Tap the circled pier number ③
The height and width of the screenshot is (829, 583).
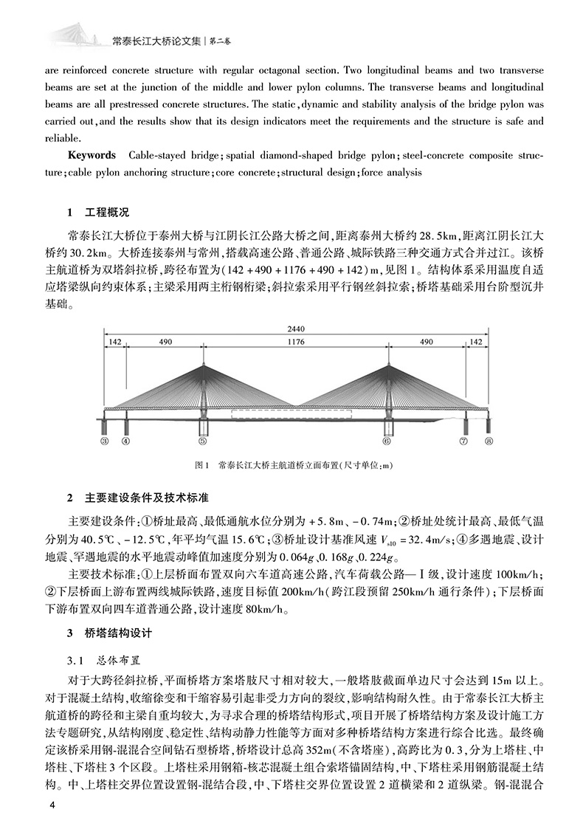pos(105,441)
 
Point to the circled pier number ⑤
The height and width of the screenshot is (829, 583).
pos(203,441)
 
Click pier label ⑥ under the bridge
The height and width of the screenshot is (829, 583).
pos(386,441)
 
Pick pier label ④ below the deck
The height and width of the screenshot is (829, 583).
pos(125,441)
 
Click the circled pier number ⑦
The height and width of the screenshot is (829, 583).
pos(464,441)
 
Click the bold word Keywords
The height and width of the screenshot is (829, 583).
pos(92,156)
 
